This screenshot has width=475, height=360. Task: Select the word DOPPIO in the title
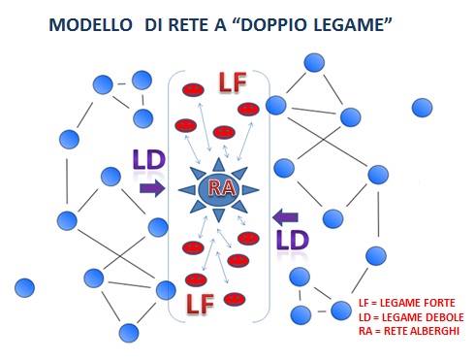point(269,21)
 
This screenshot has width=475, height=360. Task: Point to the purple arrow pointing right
point(152,188)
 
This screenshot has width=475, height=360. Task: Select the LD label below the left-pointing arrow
point(292,242)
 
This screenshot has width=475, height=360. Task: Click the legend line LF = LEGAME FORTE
point(405,302)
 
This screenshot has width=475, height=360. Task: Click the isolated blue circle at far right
point(422,107)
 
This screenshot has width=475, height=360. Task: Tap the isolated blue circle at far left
point(25,287)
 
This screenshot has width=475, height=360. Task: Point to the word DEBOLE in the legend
point(443,317)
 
